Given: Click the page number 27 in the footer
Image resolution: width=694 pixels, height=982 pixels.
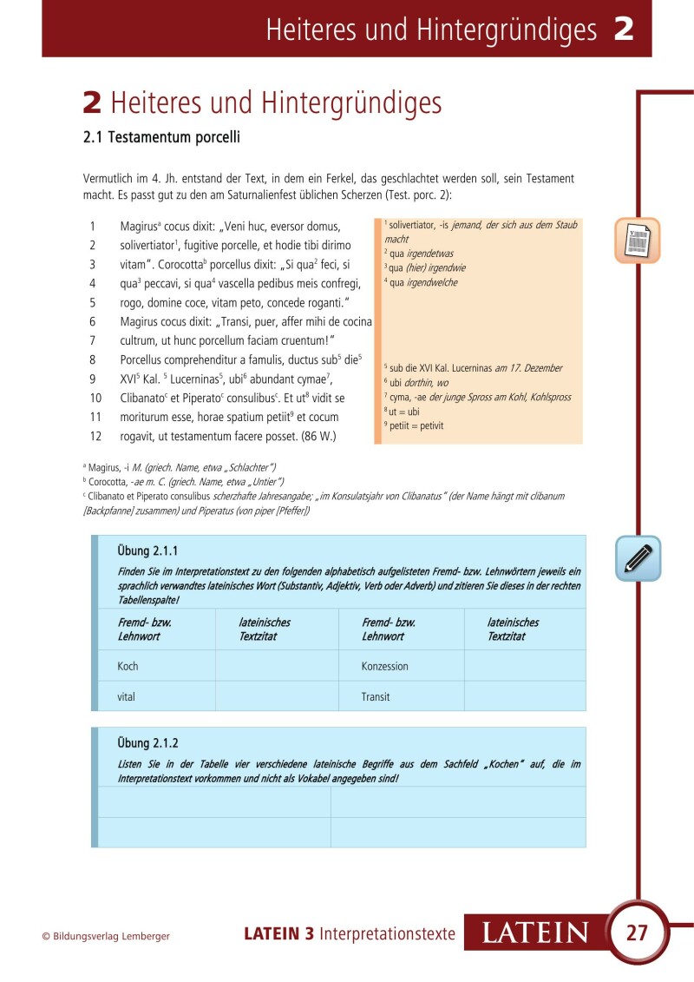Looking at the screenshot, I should pyautogui.click(x=637, y=933).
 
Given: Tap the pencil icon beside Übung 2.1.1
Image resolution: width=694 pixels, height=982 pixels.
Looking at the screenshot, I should pyautogui.click(x=638, y=558).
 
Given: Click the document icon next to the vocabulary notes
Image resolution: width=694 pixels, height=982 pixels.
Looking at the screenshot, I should pyautogui.click(x=638, y=241).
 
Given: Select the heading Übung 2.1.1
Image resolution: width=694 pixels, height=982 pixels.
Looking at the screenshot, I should pyautogui.click(x=147, y=550).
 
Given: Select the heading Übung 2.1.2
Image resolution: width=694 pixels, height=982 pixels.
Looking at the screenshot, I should pyautogui.click(x=147, y=743).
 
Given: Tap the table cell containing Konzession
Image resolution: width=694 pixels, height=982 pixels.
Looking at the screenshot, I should pyautogui.click(x=401, y=666).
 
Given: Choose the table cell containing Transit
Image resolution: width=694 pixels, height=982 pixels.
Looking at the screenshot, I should pyautogui.click(x=401, y=696).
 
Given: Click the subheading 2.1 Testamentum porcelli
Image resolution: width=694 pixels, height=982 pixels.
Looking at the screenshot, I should pyautogui.click(x=160, y=137).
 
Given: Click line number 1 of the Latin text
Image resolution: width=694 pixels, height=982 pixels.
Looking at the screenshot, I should pyautogui.click(x=92, y=226).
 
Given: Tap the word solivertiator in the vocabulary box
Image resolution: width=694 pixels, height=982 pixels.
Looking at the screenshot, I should pyautogui.click(x=416, y=225).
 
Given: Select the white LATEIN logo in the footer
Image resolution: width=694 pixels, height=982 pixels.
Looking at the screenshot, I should pyautogui.click(x=534, y=933).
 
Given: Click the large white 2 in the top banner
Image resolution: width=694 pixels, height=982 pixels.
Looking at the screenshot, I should pyautogui.click(x=623, y=30).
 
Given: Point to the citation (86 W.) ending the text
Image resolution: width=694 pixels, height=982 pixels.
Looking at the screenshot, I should pyautogui.click(x=318, y=435).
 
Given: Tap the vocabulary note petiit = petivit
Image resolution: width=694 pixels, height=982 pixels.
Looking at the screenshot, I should pyautogui.click(x=413, y=426).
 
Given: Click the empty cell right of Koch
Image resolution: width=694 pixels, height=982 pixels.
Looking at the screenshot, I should pyautogui.click(x=276, y=666).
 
